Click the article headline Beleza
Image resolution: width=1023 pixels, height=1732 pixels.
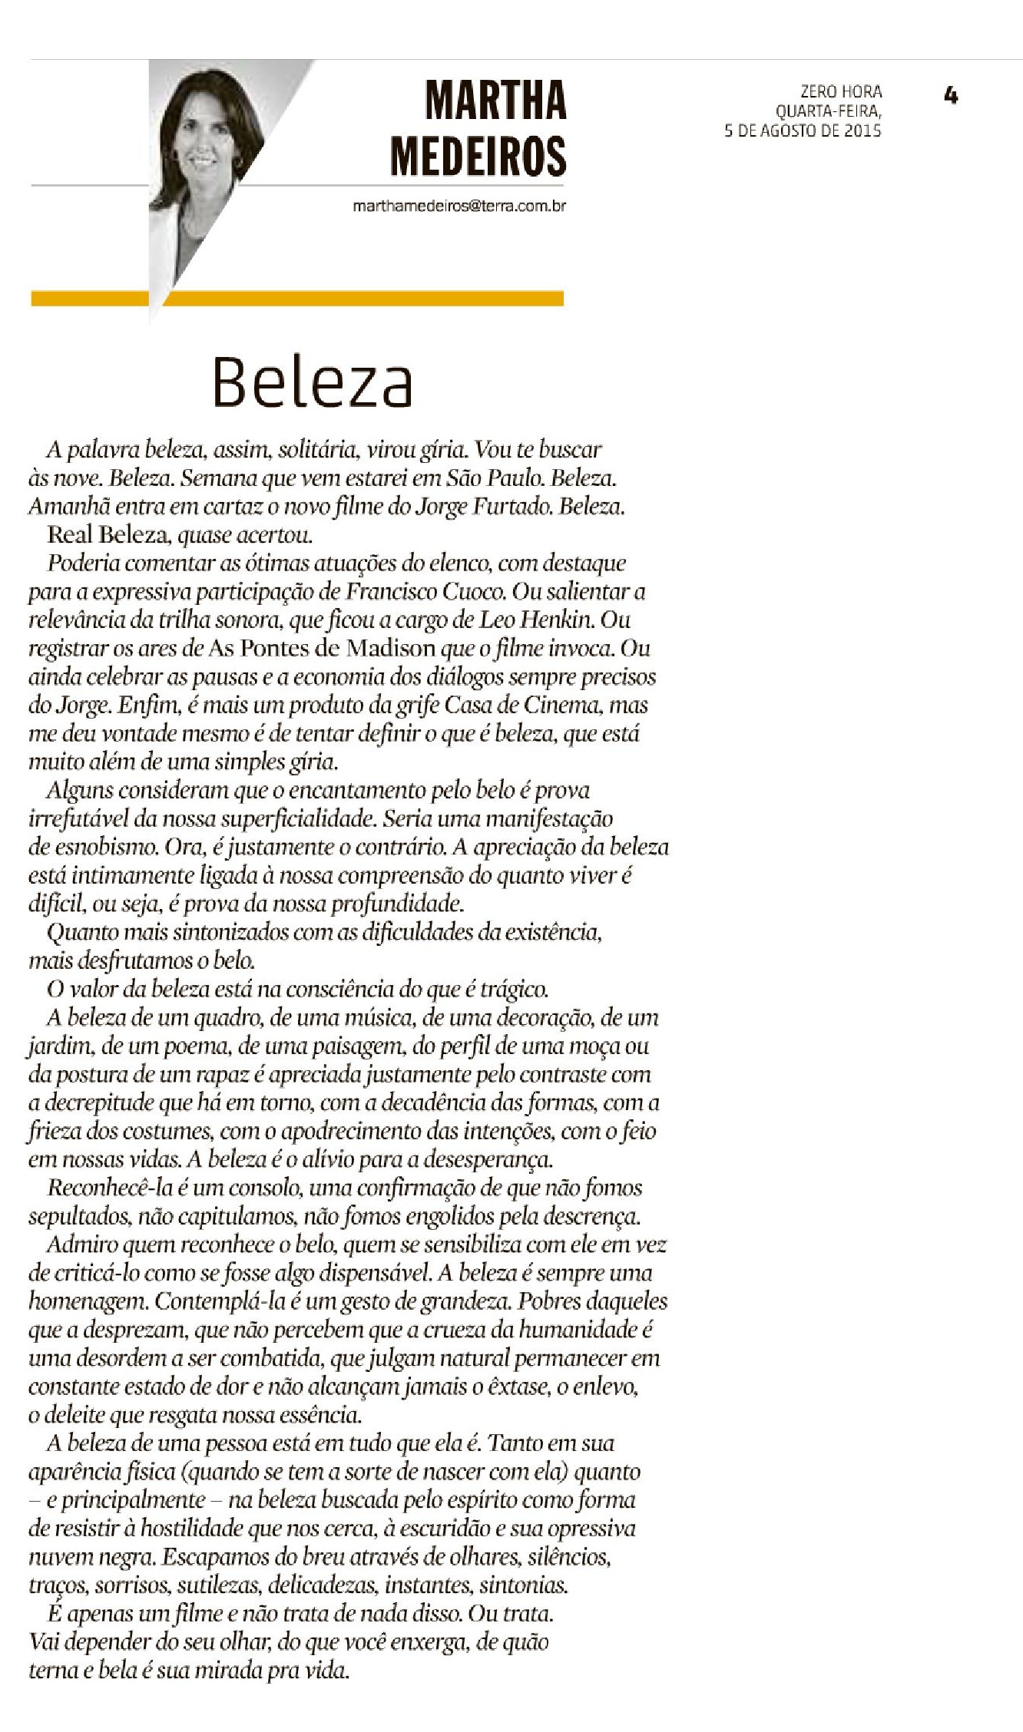pos(313,382)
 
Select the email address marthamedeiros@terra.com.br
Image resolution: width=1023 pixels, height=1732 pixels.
pos(459,207)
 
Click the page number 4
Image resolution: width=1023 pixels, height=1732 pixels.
pos(951,96)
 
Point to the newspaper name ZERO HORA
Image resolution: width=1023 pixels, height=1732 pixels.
pos(841,91)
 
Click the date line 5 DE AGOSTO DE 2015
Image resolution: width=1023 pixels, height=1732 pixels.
pos(803,131)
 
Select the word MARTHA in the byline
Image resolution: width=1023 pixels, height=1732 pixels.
pos(495,101)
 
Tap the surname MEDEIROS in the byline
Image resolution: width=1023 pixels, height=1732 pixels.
pos(478,156)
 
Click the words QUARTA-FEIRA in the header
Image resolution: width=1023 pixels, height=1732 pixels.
pos(828,111)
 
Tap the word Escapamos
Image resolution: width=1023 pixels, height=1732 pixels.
pos(219,1557)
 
